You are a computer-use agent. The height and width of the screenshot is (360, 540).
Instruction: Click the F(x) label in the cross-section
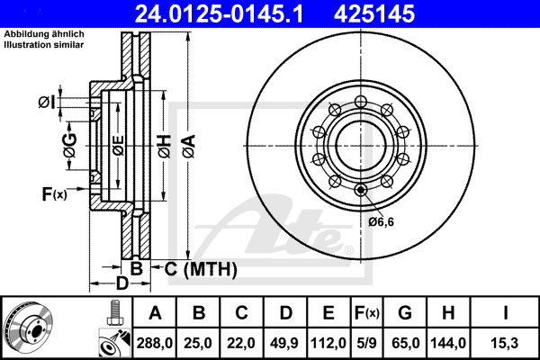click(x=54, y=193)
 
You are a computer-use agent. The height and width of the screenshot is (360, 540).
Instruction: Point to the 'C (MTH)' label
click(x=200, y=268)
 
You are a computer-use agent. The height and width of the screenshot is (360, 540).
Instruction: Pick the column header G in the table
click(x=404, y=314)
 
